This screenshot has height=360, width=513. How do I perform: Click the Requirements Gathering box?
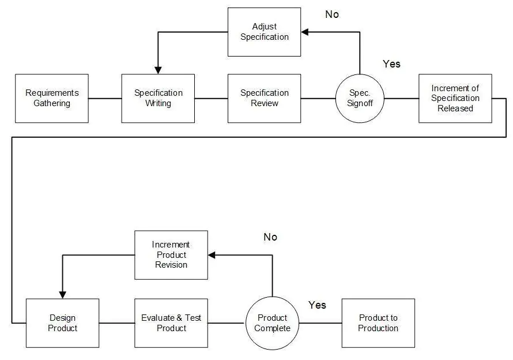tap(52, 98)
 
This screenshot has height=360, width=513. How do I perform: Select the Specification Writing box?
tap(158, 98)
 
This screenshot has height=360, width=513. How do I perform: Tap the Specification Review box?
tap(265, 98)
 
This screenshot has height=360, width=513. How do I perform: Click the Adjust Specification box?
tap(265, 32)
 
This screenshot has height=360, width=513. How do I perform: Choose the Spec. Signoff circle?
tap(360, 98)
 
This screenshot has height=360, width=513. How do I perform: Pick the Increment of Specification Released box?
tap(455, 98)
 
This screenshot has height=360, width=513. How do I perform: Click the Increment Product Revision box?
tap(171, 255)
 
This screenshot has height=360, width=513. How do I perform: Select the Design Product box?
tap(62, 323)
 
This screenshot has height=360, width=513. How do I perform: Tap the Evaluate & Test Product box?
tap(171, 323)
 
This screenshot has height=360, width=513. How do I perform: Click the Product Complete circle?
tap(272, 323)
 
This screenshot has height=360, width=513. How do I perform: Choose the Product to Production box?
tap(378, 323)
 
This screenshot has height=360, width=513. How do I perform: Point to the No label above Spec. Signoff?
tap(332, 14)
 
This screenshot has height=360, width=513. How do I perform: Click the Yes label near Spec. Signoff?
tap(391, 64)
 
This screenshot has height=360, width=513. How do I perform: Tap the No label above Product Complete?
tap(270, 237)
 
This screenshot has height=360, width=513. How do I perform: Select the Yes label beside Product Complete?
tap(317, 305)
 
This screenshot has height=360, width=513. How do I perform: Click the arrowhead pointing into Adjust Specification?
tap(304, 32)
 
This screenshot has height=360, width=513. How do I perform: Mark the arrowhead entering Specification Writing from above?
tap(158, 70)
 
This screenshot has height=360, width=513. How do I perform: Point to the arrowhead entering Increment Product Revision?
tap(212, 255)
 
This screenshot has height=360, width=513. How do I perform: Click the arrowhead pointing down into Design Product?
tap(62, 295)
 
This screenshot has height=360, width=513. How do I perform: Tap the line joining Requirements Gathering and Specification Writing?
tap(105, 98)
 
